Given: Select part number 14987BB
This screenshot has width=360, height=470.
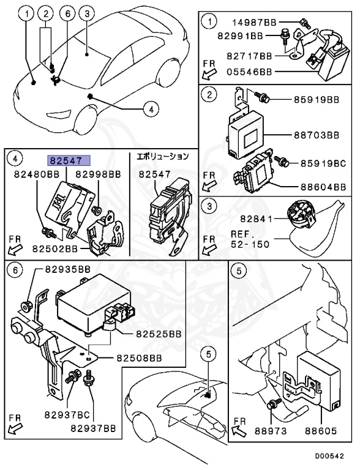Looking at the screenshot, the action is point(255,23).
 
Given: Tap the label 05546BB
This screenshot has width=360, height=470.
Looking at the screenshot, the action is point(250,72).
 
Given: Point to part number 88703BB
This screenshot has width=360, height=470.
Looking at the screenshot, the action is point(316,135).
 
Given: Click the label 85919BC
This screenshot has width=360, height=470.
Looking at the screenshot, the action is point(323,163).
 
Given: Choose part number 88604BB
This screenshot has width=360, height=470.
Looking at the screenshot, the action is point(323,187).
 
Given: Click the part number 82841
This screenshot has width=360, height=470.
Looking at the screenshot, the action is point(256,219).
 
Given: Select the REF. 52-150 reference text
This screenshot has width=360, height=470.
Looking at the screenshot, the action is point(250,239).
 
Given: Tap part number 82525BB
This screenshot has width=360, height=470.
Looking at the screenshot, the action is point(159,334).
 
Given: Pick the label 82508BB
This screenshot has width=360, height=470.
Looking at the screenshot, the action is point(139,358).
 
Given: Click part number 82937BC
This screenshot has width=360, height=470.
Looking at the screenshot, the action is point(67,415).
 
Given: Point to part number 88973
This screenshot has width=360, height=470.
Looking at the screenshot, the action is point(271,431).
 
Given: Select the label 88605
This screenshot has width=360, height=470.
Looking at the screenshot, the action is point(321,431).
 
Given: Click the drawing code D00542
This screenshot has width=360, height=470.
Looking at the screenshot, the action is point(329,456).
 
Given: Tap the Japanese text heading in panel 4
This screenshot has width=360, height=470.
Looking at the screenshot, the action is point(163,156).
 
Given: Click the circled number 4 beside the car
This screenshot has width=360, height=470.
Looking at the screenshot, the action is point(151,109).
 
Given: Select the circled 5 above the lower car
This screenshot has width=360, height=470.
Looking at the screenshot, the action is point(209,354).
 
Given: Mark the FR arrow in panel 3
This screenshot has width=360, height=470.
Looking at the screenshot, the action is point(209,245).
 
